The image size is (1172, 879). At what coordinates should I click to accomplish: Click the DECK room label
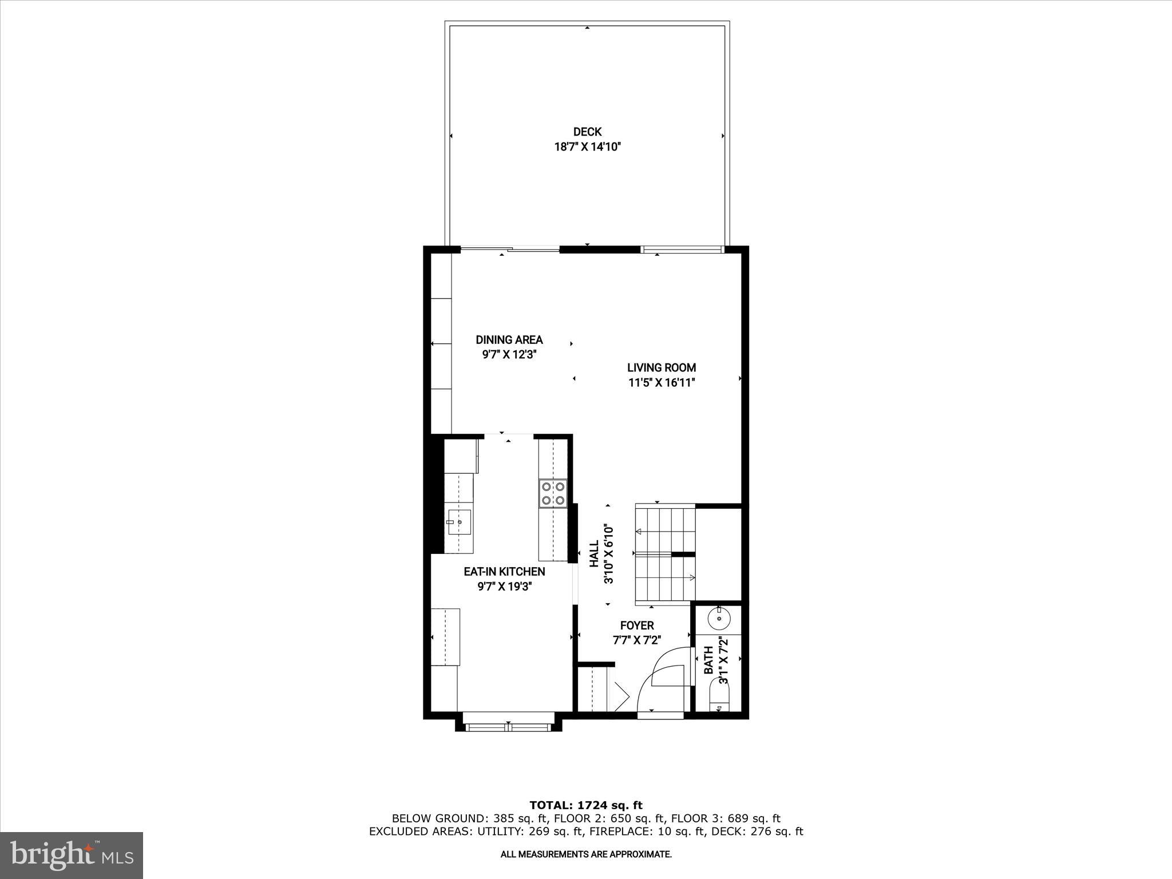[587, 132]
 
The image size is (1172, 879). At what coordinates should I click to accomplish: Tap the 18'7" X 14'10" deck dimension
[587, 147]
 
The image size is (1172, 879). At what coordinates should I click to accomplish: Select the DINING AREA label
[509, 340]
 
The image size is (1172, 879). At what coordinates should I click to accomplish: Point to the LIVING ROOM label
[662, 368]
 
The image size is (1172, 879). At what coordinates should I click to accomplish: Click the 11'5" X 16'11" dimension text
[662, 383]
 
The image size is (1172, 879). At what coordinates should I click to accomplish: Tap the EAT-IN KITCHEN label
[504, 572]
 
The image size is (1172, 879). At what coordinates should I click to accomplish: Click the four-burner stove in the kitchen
[553, 493]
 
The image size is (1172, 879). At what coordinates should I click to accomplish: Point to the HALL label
[594, 554]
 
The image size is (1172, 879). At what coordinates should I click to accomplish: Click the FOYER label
[636, 625]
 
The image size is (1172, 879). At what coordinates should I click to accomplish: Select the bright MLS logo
[72, 855]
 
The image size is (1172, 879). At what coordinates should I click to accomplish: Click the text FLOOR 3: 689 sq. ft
[726, 818]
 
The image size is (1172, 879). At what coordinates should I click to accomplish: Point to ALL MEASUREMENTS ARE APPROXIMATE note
[586, 854]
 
